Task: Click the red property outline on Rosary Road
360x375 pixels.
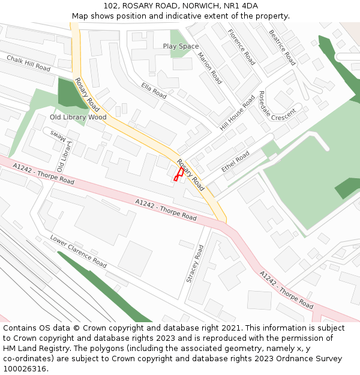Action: click(x=178, y=174)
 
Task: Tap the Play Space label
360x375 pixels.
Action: click(x=181, y=46)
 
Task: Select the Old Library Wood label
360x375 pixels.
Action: click(x=78, y=117)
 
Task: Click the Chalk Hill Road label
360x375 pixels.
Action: click(x=28, y=63)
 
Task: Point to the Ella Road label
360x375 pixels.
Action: click(x=154, y=91)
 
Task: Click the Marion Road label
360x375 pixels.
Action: click(x=209, y=68)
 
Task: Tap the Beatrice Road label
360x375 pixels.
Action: click(x=282, y=47)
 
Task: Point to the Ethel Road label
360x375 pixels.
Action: click(x=235, y=162)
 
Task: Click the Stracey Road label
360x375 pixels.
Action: click(x=196, y=263)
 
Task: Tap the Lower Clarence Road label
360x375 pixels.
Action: click(x=78, y=251)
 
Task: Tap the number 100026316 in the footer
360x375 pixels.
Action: click(x=25, y=369)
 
